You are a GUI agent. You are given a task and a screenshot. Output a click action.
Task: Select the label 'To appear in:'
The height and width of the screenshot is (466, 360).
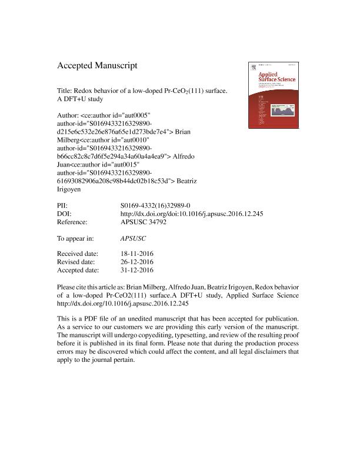(76, 239)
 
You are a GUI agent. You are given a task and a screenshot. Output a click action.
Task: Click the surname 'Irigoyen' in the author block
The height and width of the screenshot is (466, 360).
(71, 192)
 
